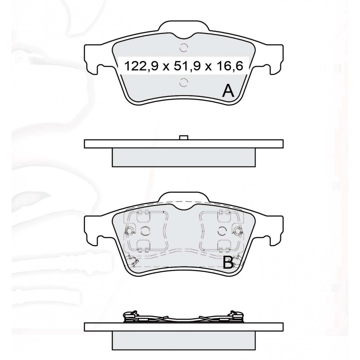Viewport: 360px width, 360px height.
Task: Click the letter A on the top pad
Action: click(228, 91)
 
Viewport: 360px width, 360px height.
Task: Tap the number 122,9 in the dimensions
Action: click(141, 66)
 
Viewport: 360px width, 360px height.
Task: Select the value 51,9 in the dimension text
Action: click(187, 66)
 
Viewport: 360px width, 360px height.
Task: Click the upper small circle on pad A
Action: click(183, 48)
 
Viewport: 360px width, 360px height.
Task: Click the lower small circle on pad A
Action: click(183, 82)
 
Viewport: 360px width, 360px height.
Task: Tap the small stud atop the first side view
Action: click(184, 137)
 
